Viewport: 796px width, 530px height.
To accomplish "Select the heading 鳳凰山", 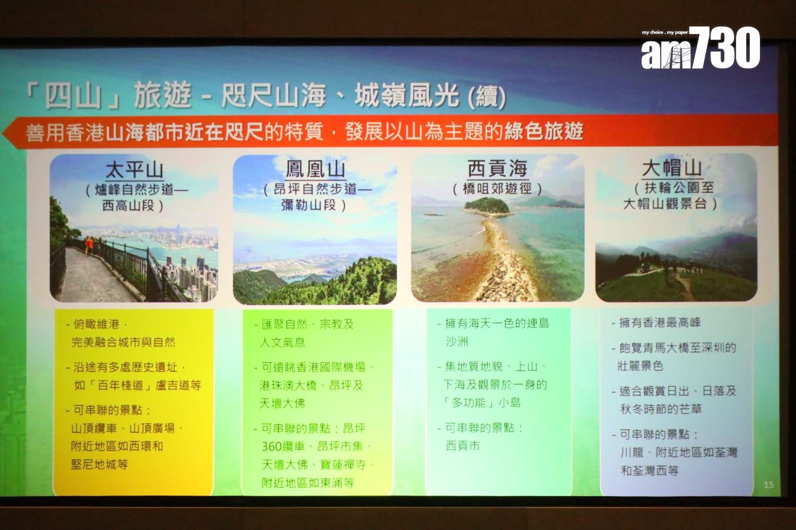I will (x=315, y=169).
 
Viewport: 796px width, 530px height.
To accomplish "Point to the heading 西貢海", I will (x=497, y=169).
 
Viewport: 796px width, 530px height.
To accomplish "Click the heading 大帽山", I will (x=672, y=168).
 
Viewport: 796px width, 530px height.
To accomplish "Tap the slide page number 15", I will (x=768, y=484).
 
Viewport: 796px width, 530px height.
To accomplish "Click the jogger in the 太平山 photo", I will (x=89, y=244).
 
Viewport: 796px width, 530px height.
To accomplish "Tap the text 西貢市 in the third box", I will (x=463, y=446).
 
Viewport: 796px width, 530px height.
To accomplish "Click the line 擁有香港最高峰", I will (x=660, y=322).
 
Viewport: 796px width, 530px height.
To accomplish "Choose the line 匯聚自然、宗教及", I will (x=307, y=324).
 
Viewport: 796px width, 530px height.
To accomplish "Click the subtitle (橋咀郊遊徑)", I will (x=497, y=188).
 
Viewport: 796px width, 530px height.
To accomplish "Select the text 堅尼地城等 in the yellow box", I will (x=100, y=464).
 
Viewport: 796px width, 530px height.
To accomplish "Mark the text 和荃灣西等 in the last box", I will (x=650, y=470).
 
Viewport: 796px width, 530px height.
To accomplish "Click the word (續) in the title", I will (x=487, y=97).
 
